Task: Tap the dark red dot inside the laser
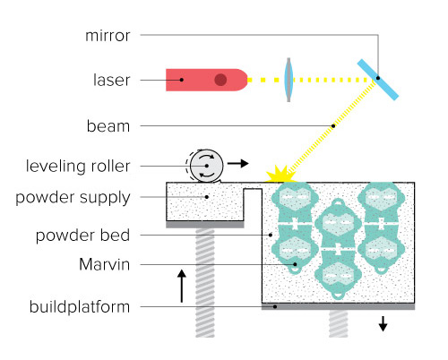220,80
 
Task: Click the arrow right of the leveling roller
238,164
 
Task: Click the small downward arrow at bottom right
383,324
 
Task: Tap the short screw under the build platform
338,323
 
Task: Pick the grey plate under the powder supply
204,225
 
